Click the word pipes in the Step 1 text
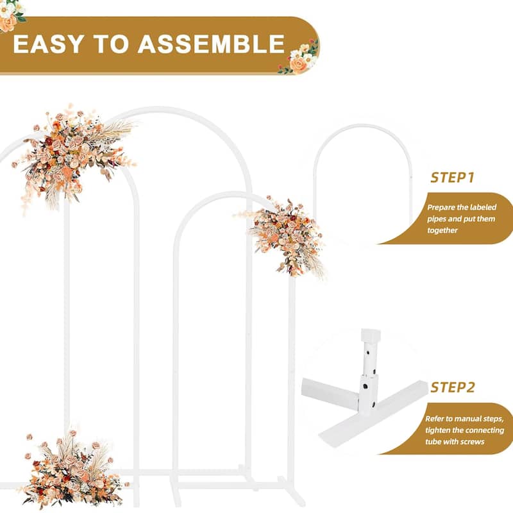pyautogui.click(x=440, y=219)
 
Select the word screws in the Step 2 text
pyautogui.click(x=472, y=442)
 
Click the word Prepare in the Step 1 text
pyautogui.click(x=442, y=208)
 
